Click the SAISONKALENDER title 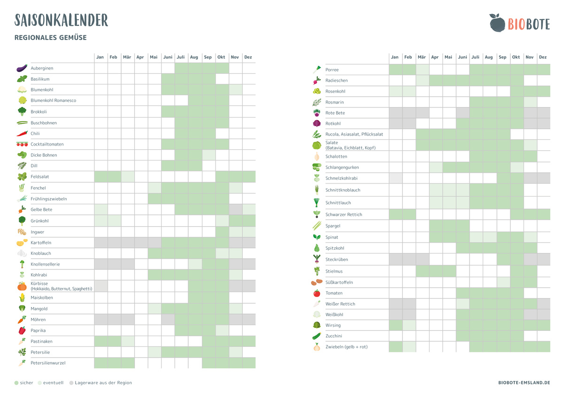62,20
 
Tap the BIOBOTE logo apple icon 496,23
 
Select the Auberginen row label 42,68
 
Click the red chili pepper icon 22,133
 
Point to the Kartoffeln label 41,243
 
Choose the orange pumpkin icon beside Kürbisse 22,286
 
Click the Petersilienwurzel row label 48,363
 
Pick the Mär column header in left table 127,57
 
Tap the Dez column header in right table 543,57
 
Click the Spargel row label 333,226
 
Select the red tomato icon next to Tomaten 317,293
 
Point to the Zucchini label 334,336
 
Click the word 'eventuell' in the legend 53,383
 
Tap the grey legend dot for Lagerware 71,383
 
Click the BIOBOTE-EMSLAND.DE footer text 524,383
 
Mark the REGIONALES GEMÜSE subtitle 51,38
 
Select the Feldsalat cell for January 100,177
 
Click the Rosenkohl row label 335,91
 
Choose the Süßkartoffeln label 339,283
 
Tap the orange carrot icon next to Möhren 22,320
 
